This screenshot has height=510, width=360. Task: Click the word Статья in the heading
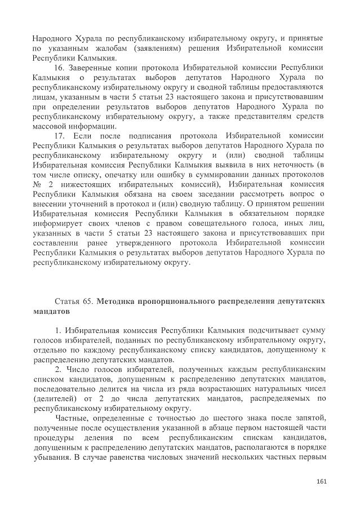[68, 301]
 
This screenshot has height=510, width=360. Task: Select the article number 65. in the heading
[88, 301]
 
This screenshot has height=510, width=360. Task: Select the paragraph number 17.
[61, 136]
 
